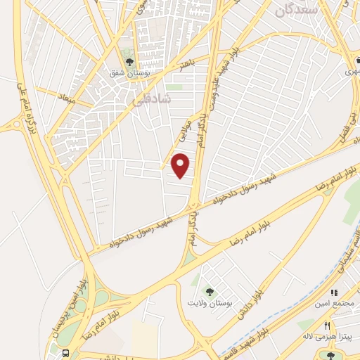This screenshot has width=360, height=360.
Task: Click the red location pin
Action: click(181, 166)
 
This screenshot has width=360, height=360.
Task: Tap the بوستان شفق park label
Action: click(127, 72)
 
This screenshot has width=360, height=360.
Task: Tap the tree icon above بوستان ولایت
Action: click(209, 291)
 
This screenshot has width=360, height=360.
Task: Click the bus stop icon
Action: click(65, 352)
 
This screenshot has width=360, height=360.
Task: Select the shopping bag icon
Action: click(334, 292)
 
